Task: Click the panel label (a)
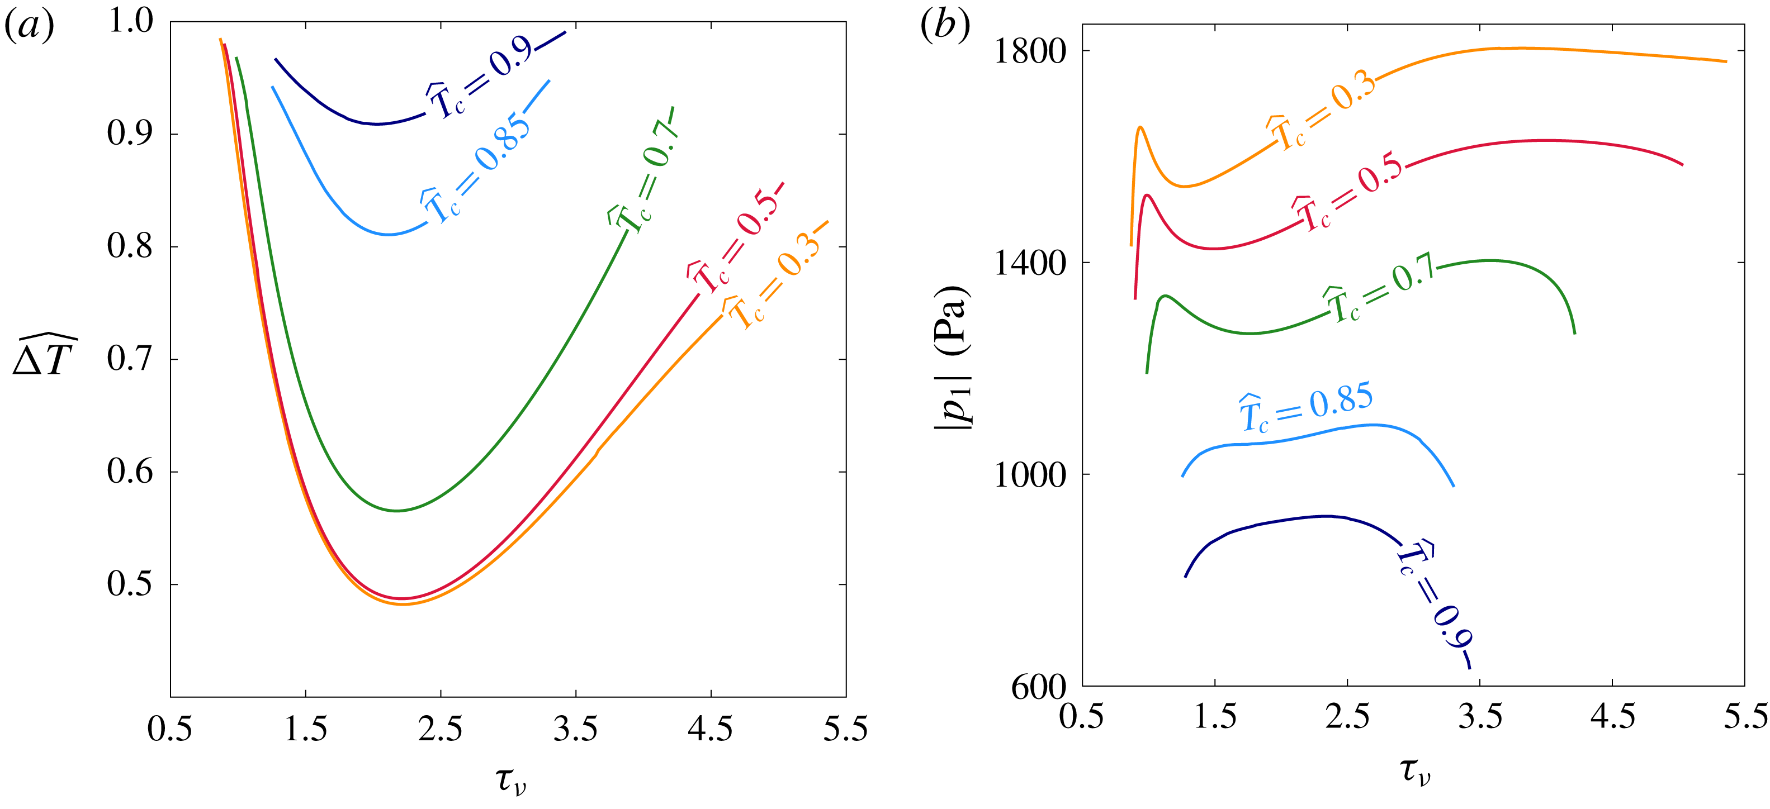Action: click(x=29, y=27)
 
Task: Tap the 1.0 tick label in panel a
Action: click(x=131, y=21)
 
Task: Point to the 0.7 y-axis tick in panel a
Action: click(x=131, y=359)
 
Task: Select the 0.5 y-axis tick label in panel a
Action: click(x=131, y=584)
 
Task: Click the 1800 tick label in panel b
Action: click(x=1029, y=51)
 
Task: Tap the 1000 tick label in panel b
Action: click(x=1029, y=474)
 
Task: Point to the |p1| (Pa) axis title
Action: click(x=953, y=357)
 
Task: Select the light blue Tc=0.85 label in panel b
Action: click(x=1305, y=407)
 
